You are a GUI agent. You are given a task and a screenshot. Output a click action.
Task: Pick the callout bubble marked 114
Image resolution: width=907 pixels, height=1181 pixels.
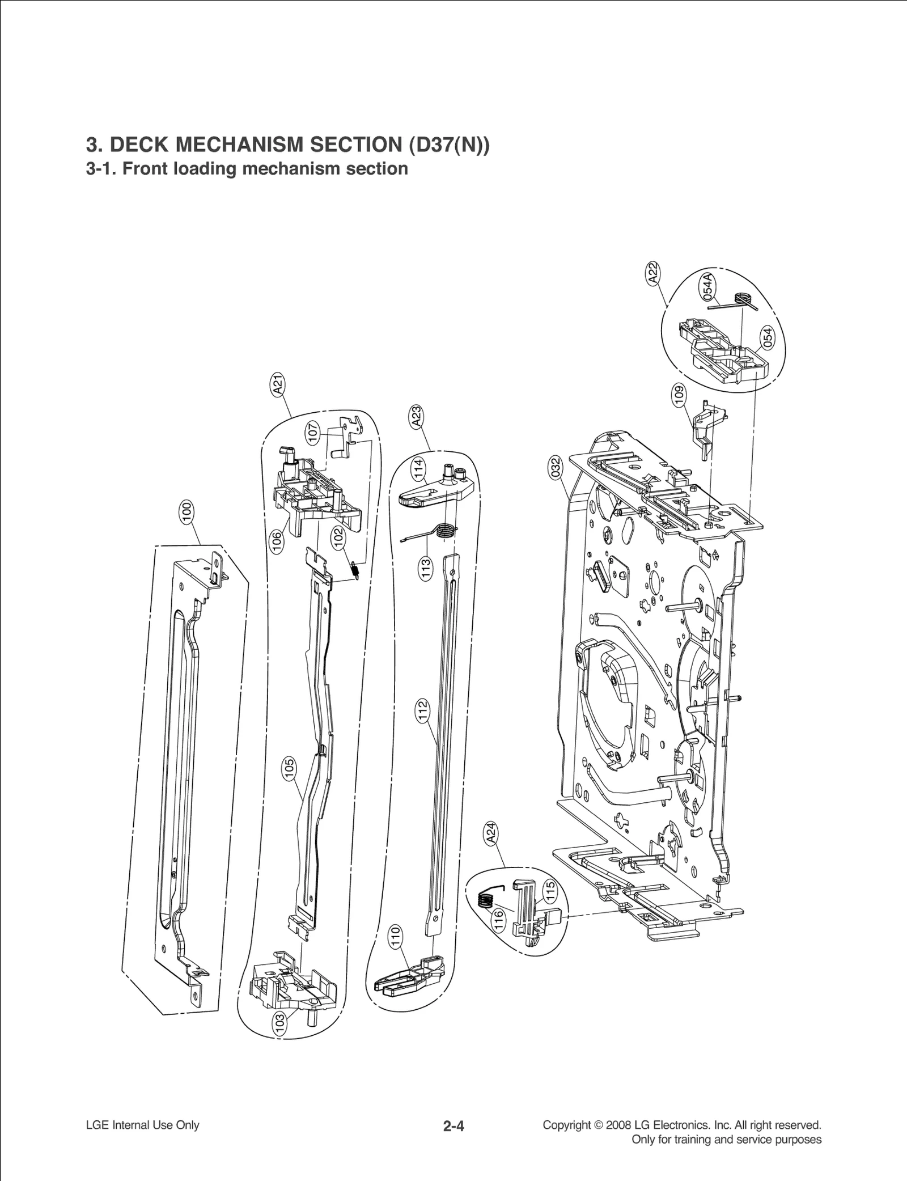click(x=418, y=469)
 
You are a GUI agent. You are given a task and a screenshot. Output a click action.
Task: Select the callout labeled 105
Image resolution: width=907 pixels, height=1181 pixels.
click(x=289, y=769)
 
